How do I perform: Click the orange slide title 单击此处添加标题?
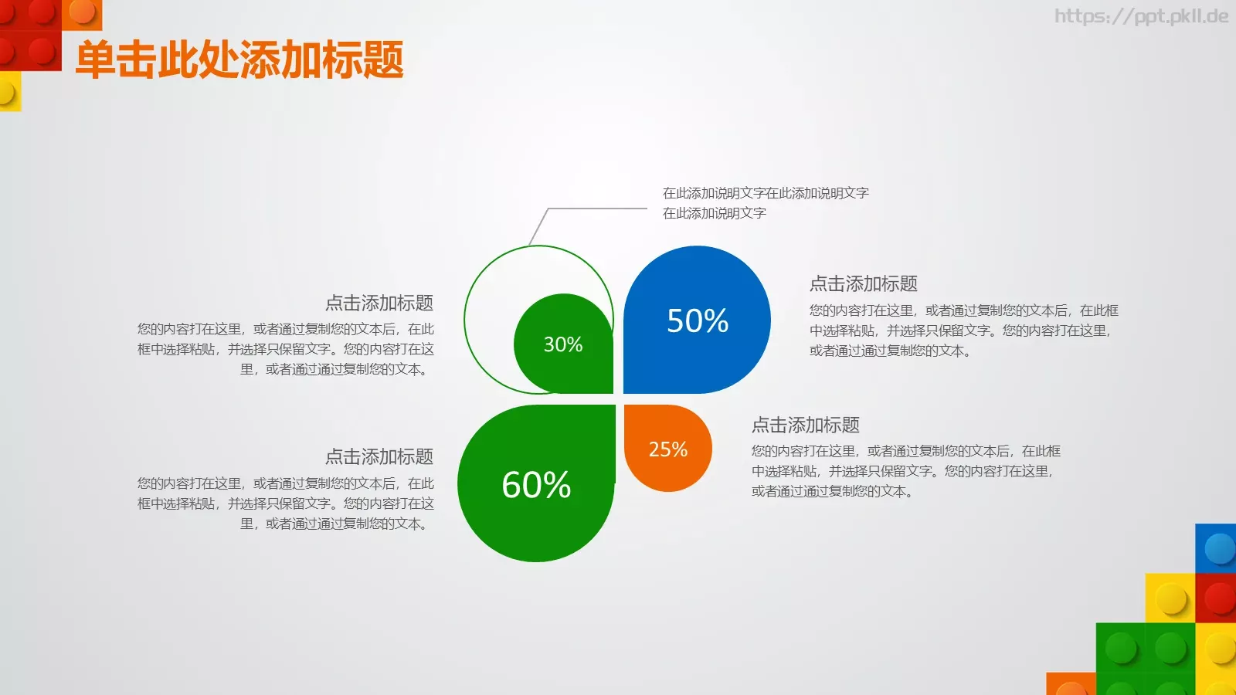239,60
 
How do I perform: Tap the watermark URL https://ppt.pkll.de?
1141,16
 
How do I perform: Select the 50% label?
698,320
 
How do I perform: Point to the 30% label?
563,344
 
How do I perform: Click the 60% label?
536,485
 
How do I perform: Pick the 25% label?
667,449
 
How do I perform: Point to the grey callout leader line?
595,208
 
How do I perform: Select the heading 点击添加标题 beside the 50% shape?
863,284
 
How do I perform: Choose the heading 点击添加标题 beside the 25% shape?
805,425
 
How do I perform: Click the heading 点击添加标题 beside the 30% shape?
379,303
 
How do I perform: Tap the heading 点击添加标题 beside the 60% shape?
379,456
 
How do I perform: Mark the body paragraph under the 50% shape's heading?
963,331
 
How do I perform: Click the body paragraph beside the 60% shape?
286,503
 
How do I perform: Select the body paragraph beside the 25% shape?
905,471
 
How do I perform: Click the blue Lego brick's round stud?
1220,549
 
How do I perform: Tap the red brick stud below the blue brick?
1220,598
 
